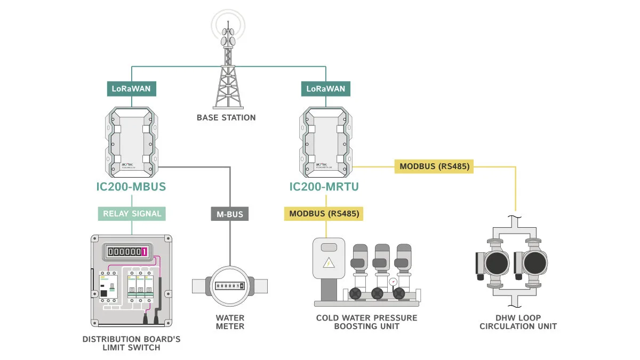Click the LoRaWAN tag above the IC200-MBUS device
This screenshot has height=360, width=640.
pyautogui.click(x=131, y=89)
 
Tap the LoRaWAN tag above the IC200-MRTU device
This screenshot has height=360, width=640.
pyautogui.click(x=325, y=89)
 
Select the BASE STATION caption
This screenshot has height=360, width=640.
pyautogui.click(x=226, y=117)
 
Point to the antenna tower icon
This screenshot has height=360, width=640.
pyautogui.click(x=228, y=64)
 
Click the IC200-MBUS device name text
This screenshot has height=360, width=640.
pyautogui.click(x=131, y=187)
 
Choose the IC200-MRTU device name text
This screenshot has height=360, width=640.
pyautogui.click(x=324, y=187)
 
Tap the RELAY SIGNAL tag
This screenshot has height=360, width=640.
pyautogui.click(x=132, y=214)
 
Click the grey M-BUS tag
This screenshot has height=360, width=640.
pyautogui.click(x=230, y=214)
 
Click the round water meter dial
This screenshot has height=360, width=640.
pyautogui.click(x=229, y=286)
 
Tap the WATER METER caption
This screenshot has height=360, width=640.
pyautogui.click(x=230, y=322)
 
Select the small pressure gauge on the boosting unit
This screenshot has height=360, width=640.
pyautogui.click(x=394, y=281)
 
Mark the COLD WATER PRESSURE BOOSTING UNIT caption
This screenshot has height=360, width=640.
pyautogui.click(x=366, y=322)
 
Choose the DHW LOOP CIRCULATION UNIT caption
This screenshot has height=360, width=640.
pyautogui.click(x=518, y=322)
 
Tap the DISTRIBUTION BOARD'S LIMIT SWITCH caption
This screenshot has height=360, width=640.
pyautogui.click(x=131, y=343)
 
